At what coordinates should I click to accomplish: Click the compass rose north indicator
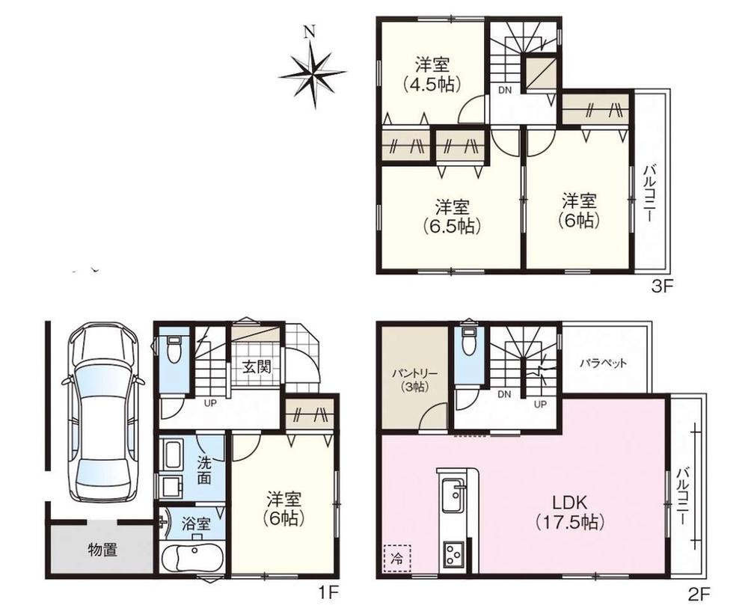tap(313, 72)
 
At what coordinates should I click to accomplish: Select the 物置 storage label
tap(102, 550)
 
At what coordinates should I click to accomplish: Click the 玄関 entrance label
tap(257, 367)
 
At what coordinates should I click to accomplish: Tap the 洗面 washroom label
tap(205, 470)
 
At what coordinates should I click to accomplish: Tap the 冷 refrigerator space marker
tap(396, 558)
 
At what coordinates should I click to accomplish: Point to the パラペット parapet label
tap(603, 363)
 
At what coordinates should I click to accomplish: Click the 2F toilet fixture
tap(470, 340)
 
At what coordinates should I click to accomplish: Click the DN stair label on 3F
tap(505, 90)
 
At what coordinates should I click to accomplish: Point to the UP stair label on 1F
tap(210, 403)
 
